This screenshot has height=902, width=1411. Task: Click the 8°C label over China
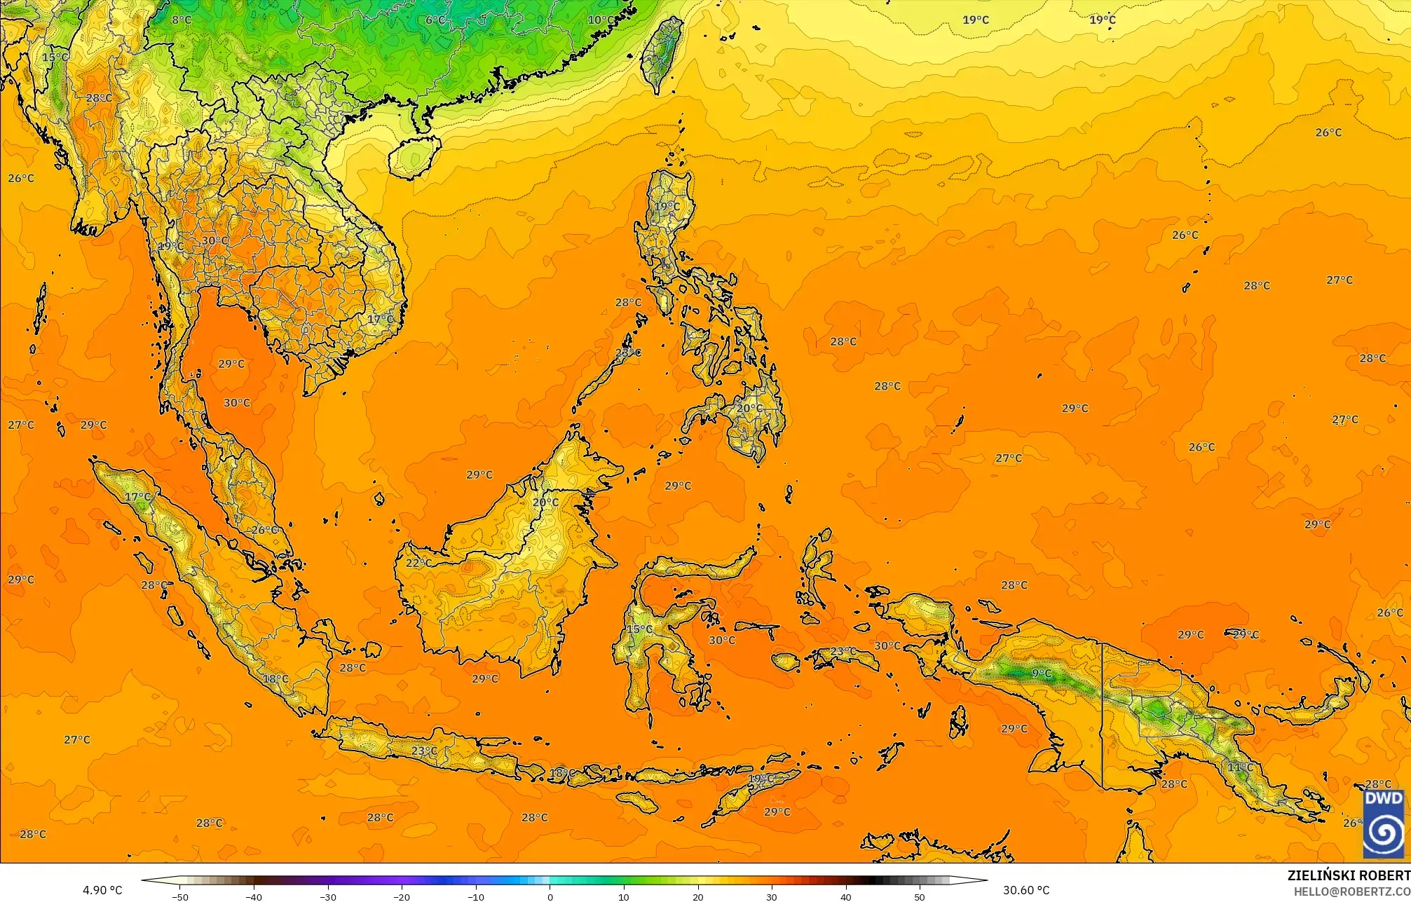pos(182,20)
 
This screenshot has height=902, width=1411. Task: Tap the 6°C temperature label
pos(435,20)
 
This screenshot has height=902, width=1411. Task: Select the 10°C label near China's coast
pos(601,20)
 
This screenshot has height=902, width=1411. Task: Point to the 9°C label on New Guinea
pos(1042,674)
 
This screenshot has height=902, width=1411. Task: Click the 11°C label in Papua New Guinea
pos(1239,767)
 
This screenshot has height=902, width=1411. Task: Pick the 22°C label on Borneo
pos(418,563)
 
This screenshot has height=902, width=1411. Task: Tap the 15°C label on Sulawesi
pos(639,629)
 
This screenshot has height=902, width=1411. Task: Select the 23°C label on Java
pos(424,751)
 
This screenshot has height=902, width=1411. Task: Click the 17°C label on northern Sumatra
pos(137,497)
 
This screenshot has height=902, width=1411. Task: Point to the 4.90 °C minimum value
pos(102,890)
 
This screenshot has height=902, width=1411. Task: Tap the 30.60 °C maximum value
pos(1025,890)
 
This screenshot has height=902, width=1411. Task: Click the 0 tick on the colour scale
pos(550,896)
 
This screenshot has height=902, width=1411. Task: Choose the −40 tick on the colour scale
pos(254,896)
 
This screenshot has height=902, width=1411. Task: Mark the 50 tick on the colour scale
pos(920,896)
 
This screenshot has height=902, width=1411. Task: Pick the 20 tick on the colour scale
pos(698,896)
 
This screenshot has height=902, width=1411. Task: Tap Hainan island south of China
pos(414,156)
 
